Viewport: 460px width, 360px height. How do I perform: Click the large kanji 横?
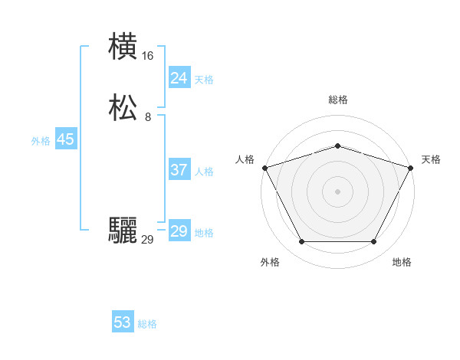point(123,47)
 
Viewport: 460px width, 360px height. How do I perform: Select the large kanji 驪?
point(123,231)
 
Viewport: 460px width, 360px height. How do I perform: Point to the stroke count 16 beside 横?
point(148,56)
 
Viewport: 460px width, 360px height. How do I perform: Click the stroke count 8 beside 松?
point(148,117)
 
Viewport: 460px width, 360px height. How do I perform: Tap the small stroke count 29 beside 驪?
point(148,240)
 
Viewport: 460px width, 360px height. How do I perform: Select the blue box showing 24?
point(179,78)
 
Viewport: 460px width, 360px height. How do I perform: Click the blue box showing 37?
point(179,170)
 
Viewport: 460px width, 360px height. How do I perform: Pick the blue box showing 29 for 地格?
point(179,231)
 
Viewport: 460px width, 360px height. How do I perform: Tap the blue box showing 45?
point(65,139)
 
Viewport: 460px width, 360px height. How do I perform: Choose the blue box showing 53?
point(123,322)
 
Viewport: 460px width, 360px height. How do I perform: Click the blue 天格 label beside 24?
point(204,80)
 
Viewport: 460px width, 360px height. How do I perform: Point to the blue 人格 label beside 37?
point(204,172)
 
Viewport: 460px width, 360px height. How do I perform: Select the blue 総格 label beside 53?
point(147,324)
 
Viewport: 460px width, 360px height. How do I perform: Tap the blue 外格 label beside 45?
point(41,141)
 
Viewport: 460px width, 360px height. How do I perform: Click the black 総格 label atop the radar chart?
point(338,100)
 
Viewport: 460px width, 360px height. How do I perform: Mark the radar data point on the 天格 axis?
point(411,167)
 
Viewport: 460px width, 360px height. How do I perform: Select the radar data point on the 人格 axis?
point(264,167)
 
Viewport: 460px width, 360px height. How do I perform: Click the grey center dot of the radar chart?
point(338,191)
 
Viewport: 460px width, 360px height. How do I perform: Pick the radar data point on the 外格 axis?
point(301,242)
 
